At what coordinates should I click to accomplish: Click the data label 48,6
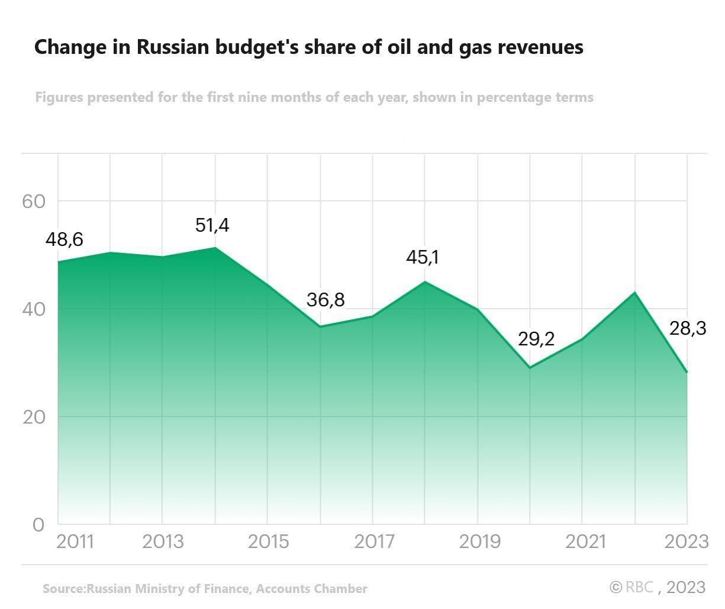65,240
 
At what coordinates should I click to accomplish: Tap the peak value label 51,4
212,225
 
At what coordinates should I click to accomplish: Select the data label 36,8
325,300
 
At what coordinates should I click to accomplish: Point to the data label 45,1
423,258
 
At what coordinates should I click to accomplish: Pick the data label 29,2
536,339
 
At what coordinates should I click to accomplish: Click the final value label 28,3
688,328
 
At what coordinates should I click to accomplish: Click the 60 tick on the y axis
34,201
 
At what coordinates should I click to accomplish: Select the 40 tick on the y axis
34,309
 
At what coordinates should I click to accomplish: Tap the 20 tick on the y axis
34,417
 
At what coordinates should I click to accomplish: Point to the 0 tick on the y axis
38,525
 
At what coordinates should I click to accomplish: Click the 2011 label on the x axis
75,541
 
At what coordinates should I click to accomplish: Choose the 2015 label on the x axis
268,541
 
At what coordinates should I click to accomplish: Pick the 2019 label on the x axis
479,541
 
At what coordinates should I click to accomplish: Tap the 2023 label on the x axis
687,541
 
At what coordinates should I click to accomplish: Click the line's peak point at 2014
215,247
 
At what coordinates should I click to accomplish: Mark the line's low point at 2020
530,367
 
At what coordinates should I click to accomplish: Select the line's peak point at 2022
634,292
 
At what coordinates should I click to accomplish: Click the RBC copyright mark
632,587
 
